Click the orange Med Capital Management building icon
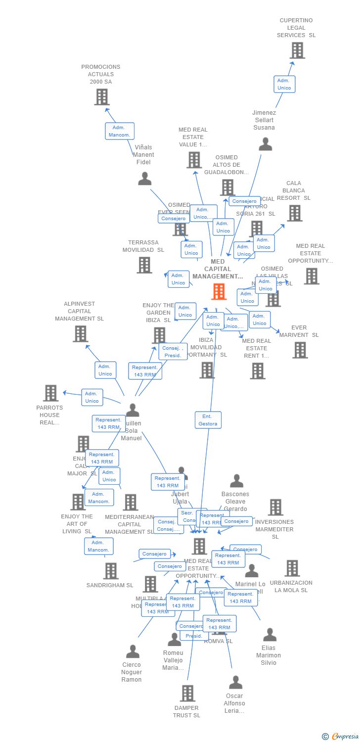[x=219, y=292]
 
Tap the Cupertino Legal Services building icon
[x=297, y=50]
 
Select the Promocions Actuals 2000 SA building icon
[x=101, y=97]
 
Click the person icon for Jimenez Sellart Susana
[x=266, y=144]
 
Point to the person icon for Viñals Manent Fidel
[x=144, y=179]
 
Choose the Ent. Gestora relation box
[x=208, y=420]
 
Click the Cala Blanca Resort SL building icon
[x=295, y=213]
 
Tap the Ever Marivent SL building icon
[x=300, y=350]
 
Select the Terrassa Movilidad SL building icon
[x=144, y=265]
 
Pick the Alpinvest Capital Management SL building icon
[x=80, y=334]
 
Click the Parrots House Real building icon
[x=50, y=393]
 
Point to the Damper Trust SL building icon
[x=187, y=694]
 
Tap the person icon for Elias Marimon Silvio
[x=270, y=635]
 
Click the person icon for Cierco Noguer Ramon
[x=133, y=651]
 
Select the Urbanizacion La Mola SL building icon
[x=292, y=568]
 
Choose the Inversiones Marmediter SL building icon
[x=275, y=508]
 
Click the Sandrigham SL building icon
[x=110, y=571]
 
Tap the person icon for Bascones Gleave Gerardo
[x=236, y=481]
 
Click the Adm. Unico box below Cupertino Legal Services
[x=284, y=84]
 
